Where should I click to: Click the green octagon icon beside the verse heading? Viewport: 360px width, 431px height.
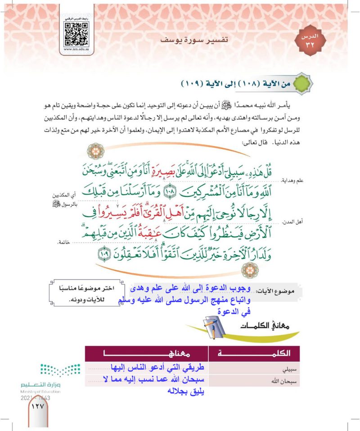click(x=301, y=85)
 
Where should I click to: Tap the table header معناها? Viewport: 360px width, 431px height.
click(x=146, y=353)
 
